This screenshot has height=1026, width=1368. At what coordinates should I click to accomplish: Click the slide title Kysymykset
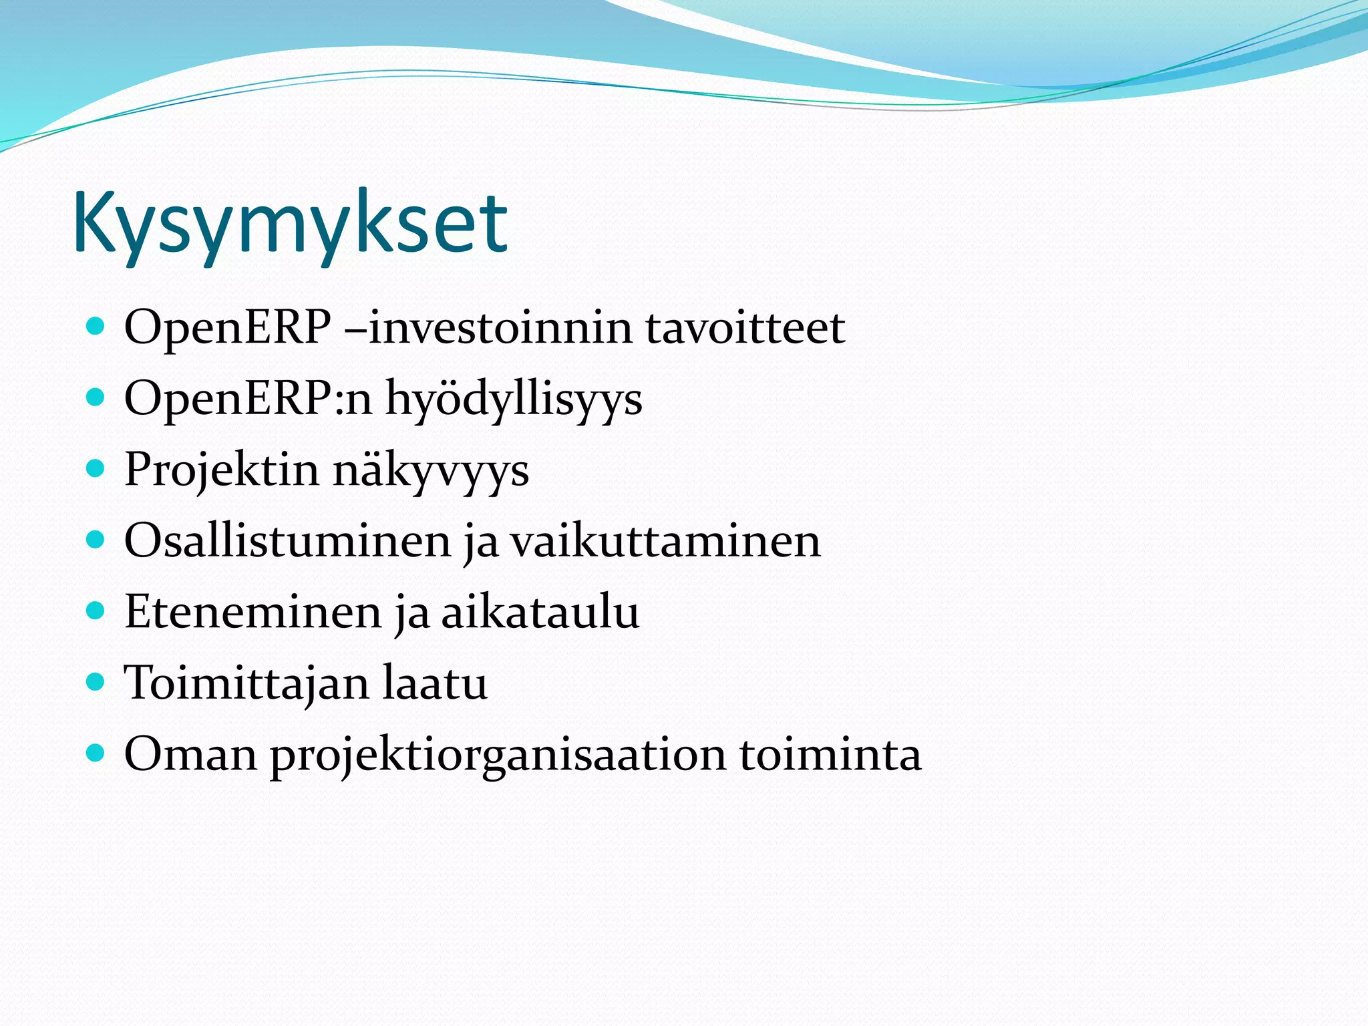291,224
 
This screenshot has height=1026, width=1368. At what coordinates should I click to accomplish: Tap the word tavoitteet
745,329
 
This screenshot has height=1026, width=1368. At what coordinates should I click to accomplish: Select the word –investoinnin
488,329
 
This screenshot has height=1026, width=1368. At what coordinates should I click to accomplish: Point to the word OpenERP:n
248,399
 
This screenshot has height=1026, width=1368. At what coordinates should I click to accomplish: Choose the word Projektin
222,470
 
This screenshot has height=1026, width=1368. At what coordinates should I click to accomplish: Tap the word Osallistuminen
288,541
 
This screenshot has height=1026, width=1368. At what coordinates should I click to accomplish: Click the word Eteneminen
252,613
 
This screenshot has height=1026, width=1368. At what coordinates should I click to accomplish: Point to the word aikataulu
540,613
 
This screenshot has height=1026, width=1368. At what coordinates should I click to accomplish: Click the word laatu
435,684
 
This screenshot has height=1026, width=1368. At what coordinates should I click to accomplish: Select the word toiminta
830,755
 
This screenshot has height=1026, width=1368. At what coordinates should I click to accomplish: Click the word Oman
190,755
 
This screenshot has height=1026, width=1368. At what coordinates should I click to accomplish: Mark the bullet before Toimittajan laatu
96,682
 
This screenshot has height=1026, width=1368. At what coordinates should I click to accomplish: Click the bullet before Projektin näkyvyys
96,469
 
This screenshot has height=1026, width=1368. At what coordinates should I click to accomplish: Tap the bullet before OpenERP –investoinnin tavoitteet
96,327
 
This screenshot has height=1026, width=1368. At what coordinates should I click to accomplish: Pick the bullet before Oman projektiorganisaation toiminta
96,753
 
